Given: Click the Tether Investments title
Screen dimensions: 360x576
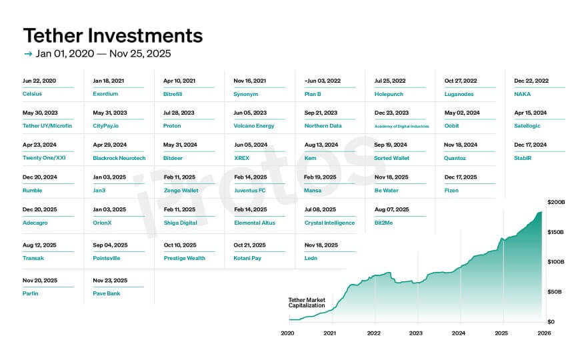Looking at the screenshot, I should [113, 35].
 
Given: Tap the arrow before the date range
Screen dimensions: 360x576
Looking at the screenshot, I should [27, 54].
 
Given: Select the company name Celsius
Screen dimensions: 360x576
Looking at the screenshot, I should [32, 94].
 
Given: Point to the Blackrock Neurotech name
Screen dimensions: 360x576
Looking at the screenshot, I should [119, 158].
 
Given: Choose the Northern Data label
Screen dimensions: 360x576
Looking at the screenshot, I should [323, 126].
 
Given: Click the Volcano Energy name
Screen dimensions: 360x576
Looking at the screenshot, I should [254, 126].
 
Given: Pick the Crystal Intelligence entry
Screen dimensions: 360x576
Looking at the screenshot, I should [329, 223].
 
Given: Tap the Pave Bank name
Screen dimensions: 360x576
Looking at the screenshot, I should [107, 293].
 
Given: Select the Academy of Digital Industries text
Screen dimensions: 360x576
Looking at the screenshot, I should [401, 126].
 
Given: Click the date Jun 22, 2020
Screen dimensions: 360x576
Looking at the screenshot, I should [39, 81].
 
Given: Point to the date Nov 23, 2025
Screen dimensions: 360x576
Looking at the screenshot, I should [110, 280].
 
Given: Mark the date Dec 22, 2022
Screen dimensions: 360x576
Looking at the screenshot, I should [531, 81].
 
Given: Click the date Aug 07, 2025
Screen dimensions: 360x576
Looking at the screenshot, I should [391, 209].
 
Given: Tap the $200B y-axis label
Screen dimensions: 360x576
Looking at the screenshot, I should [555, 201].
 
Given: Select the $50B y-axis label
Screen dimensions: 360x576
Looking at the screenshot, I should [555, 292].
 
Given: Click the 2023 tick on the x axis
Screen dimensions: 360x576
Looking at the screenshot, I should [416, 333].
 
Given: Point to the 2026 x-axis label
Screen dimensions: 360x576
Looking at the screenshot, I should [544, 333].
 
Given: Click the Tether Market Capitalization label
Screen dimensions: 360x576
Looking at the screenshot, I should [307, 303].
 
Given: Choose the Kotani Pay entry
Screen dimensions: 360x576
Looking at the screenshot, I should [247, 258].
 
